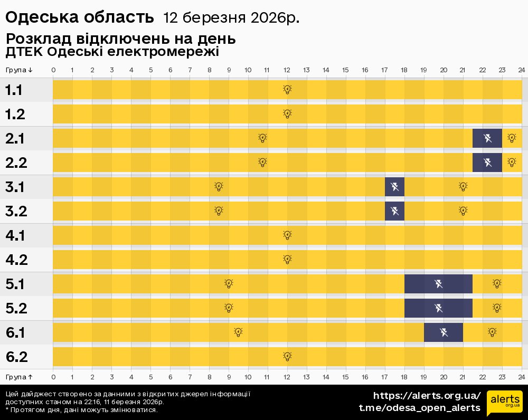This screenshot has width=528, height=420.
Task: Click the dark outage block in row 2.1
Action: [x=487, y=138]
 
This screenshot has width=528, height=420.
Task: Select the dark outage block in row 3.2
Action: [x=394, y=211]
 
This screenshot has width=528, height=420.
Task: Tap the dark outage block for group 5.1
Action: [x=438, y=284]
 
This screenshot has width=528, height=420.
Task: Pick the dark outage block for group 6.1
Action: [x=444, y=332]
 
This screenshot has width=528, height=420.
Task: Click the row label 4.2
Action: [x=16, y=260]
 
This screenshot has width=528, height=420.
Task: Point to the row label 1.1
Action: [x=14, y=90]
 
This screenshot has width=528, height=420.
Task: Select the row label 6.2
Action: [x=16, y=357]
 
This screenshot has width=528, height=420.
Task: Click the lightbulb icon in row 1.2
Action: [x=287, y=114]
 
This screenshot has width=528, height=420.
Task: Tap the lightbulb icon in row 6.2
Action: [x=287, y=357]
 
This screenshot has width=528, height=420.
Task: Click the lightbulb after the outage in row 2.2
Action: [x=512, y=163]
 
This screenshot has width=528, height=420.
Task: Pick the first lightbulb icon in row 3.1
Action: [x=219, y=187]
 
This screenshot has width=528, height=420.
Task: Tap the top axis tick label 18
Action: [x=404, y=70]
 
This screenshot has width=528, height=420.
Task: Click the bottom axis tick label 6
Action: [x=170, y=377]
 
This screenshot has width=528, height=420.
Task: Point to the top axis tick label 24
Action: [x=521, y=70]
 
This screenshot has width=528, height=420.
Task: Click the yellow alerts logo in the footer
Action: [x=504, y=403]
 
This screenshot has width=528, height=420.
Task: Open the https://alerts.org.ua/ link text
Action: [x=427, y=396]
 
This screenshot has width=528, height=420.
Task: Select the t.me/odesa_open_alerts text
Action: [x=419, y=408]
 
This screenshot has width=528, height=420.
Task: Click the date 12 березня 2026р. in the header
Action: [x=231, y=18]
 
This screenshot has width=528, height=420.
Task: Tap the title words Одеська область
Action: [x=79, y=18]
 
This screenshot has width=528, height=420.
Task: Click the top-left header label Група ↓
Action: [x=20, y=70]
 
